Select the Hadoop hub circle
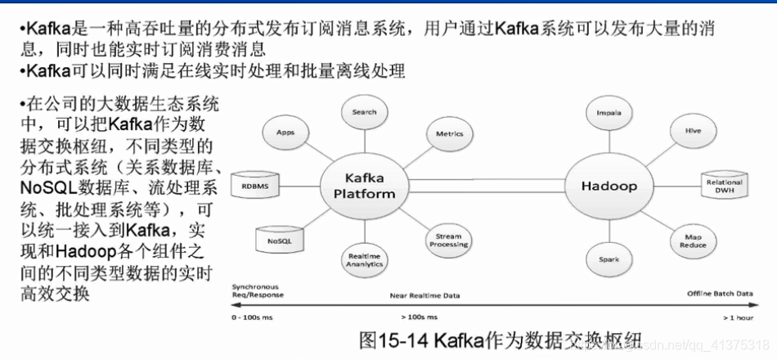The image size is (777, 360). [609, 186]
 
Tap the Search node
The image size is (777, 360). [364, 113]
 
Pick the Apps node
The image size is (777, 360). [285, 132]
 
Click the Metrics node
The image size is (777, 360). [449, 133]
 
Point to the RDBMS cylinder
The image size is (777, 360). [254, 187]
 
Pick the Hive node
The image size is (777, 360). [693, 131]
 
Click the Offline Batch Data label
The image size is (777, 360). [720, 292]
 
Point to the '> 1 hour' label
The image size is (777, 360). [737, 317]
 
